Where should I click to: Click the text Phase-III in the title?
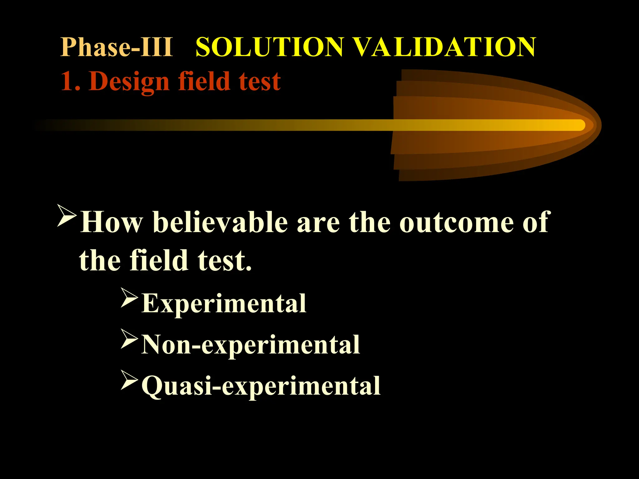(x=116, y=47)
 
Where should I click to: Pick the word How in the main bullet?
(x=111, y=222)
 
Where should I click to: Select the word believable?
(x=220, y=222)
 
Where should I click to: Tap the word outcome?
(x=456, y=223)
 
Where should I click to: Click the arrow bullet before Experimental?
(x=129, y=298)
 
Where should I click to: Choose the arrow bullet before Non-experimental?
(x=129, y=339)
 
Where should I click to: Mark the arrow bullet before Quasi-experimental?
(x=129, y=380)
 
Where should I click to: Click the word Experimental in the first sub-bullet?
(x=224, y=303)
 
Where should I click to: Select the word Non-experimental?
(x=251, y=345)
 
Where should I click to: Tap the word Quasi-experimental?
(x=261, y=386)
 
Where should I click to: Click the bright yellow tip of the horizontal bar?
(x=577, y=125)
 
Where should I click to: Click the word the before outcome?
(x=369, y=222)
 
